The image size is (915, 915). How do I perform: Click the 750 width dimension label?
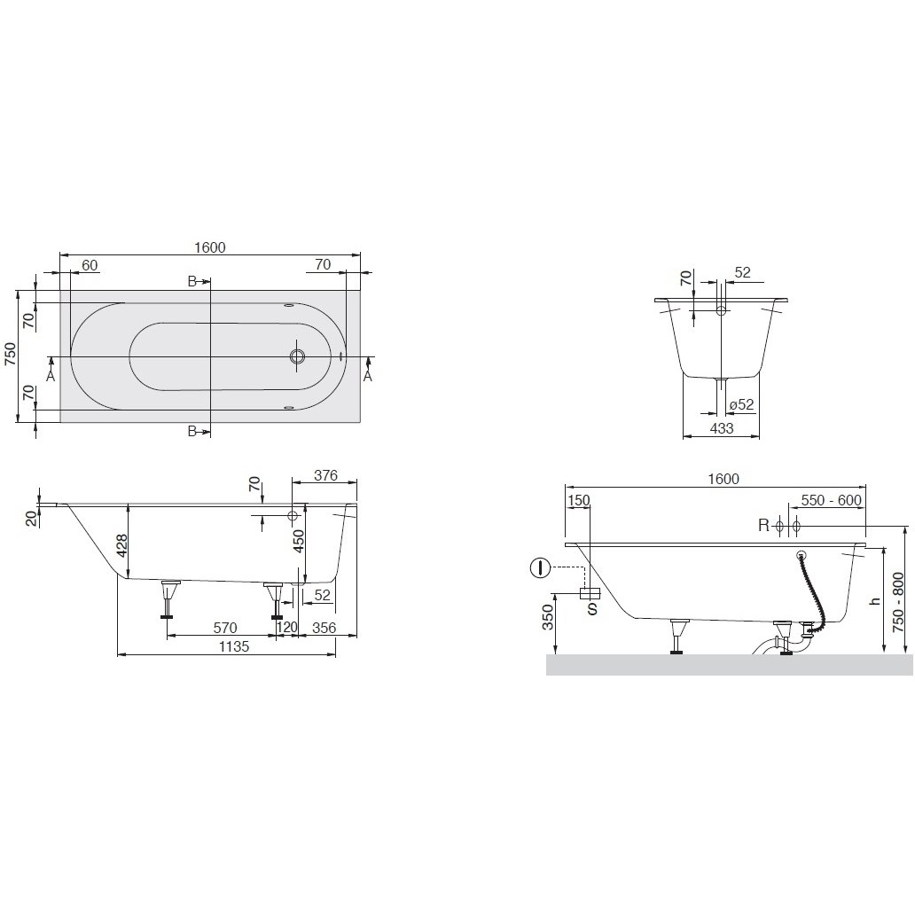(11, 355)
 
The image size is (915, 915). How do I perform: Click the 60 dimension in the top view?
(90, 265)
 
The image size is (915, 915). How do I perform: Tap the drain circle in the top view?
(298, 356)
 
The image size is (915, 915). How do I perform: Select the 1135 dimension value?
(233, 646)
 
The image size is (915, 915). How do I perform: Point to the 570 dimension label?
(225, 628)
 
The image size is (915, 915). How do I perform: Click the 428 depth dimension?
(121, 546)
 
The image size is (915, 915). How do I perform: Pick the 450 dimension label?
(298, 541)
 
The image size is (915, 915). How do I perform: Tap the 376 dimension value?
(325, 475)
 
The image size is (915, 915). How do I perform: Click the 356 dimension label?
(325, 628)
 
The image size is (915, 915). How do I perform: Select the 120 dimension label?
(286, 628)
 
